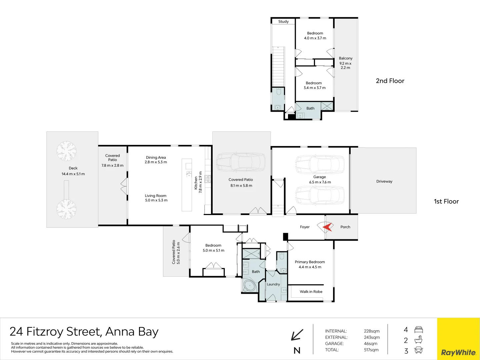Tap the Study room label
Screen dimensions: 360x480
(283, 22)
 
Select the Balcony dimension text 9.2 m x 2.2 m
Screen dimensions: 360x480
(345, 66)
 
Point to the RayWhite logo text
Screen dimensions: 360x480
(458, 352)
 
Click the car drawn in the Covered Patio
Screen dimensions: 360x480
(241, 162)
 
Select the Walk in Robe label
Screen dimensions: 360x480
(311, 292)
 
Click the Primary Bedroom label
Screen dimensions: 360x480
(310, 262)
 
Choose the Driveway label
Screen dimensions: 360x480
(384, 181)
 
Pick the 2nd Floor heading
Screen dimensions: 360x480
(390, 81)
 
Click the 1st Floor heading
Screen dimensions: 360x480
(446, 201)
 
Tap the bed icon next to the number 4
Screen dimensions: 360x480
(419, 330)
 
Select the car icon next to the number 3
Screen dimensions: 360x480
(418, 350)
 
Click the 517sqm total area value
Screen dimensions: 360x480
(371, 350)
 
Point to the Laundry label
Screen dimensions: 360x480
(273, 284)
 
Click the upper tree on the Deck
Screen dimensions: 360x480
(66, 151)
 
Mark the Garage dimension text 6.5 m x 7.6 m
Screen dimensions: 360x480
(320, 182)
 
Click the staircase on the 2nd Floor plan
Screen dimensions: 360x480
(279, 67)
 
